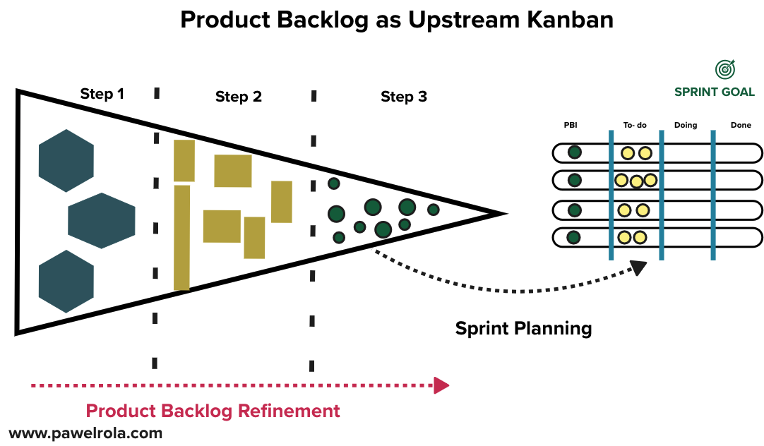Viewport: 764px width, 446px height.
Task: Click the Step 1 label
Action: [102, 94]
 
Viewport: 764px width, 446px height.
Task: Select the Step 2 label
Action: [238, 97]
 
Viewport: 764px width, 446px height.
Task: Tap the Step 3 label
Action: [403, 97]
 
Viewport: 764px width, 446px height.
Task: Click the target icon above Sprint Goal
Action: [724, 69]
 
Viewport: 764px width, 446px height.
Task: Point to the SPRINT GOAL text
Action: [714, 92]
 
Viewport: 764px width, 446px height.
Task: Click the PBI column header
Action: [571, 125]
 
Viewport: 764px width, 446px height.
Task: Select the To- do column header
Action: [635, 125]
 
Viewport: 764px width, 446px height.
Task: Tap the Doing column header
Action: [685, 125]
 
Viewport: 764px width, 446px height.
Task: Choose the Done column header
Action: [741, 125]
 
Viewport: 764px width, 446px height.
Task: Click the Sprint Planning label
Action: [523, 328]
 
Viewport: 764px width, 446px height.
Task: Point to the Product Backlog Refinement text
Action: [213, 411]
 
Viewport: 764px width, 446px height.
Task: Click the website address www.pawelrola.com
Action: [85, 433]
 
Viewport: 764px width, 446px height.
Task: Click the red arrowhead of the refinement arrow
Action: [441, 385]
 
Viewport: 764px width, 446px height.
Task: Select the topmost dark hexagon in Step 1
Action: [66, 161]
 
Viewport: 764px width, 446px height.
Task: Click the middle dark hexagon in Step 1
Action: [102, 220]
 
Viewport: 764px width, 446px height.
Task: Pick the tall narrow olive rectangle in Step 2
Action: [181, 237]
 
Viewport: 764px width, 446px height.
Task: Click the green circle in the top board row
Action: [575, 152]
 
